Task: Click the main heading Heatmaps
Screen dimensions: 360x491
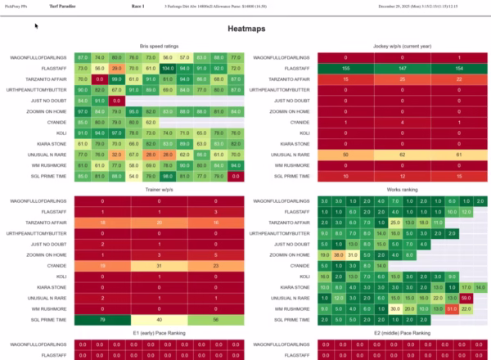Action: [245, 29]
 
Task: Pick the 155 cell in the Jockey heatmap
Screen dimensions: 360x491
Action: [345, 69]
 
